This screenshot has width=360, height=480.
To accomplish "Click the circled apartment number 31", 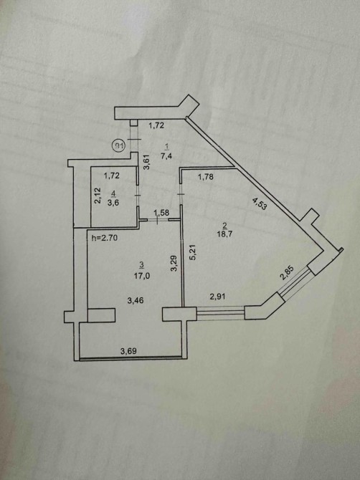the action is [x=118, y=145].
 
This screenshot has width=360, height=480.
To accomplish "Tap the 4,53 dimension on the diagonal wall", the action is [x=260, y=203].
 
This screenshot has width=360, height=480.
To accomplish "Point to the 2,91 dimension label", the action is [x=217, y=296].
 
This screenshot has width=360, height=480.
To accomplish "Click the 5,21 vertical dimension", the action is [x=193, y=253].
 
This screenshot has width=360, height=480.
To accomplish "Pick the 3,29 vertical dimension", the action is [x=174, y=264].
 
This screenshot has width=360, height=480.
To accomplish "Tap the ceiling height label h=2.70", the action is [x=105, y=238].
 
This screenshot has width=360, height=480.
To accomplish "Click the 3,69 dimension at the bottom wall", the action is [x=128, y=351].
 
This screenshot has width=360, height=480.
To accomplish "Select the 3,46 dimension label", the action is [x=136, y=301].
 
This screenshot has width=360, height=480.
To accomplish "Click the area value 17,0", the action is [x=142, y=276].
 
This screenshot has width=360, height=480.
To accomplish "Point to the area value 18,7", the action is [x=225, y=234].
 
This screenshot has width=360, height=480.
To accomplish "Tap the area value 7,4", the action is [x=166, y=156].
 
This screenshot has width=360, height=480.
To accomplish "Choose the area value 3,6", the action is [x=113, y=203].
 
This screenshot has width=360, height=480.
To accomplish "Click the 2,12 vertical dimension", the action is [x=97, y=196].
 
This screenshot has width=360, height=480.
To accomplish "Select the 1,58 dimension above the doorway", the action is [x=161, y=213].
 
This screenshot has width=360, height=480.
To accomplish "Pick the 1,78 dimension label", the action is [x=206, y=177].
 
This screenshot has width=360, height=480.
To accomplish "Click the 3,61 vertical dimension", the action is [x=147, y=162].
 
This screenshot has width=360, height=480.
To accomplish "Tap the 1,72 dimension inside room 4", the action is [x=112, y=176].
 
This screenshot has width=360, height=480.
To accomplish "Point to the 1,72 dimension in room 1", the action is [x=156, y=125].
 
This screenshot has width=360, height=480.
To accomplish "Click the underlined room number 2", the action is [x=225, y=226].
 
